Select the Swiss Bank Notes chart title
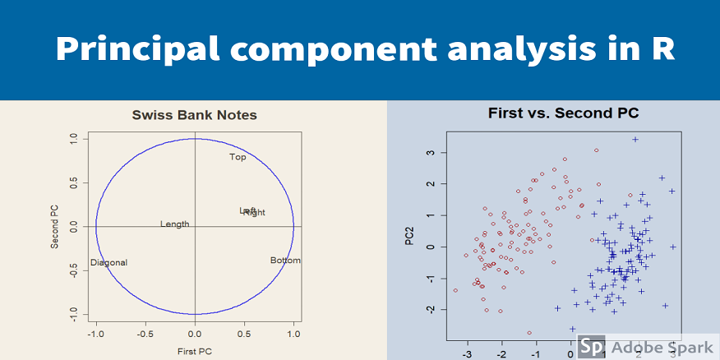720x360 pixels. click(x=195, y=115)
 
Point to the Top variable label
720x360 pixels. click(x=238, y=157)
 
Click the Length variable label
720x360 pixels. click(x=174, y=224)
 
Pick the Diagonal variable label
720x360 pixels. click(x=108, y=263)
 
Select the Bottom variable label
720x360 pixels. click(x=285, y=261)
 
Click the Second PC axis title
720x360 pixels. click(x=54, y=226)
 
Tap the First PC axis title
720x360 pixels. click(x=195, y=352)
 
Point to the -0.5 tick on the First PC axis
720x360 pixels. click(x=145, y=335)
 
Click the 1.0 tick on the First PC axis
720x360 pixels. click(x=293, y=335)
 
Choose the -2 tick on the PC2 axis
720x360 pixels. click(x=428, y=309)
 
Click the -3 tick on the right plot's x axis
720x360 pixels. click(x=467, y=354)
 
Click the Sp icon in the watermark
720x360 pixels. click(x=590, y=346)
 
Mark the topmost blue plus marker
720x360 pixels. click(x=635, y=140)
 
